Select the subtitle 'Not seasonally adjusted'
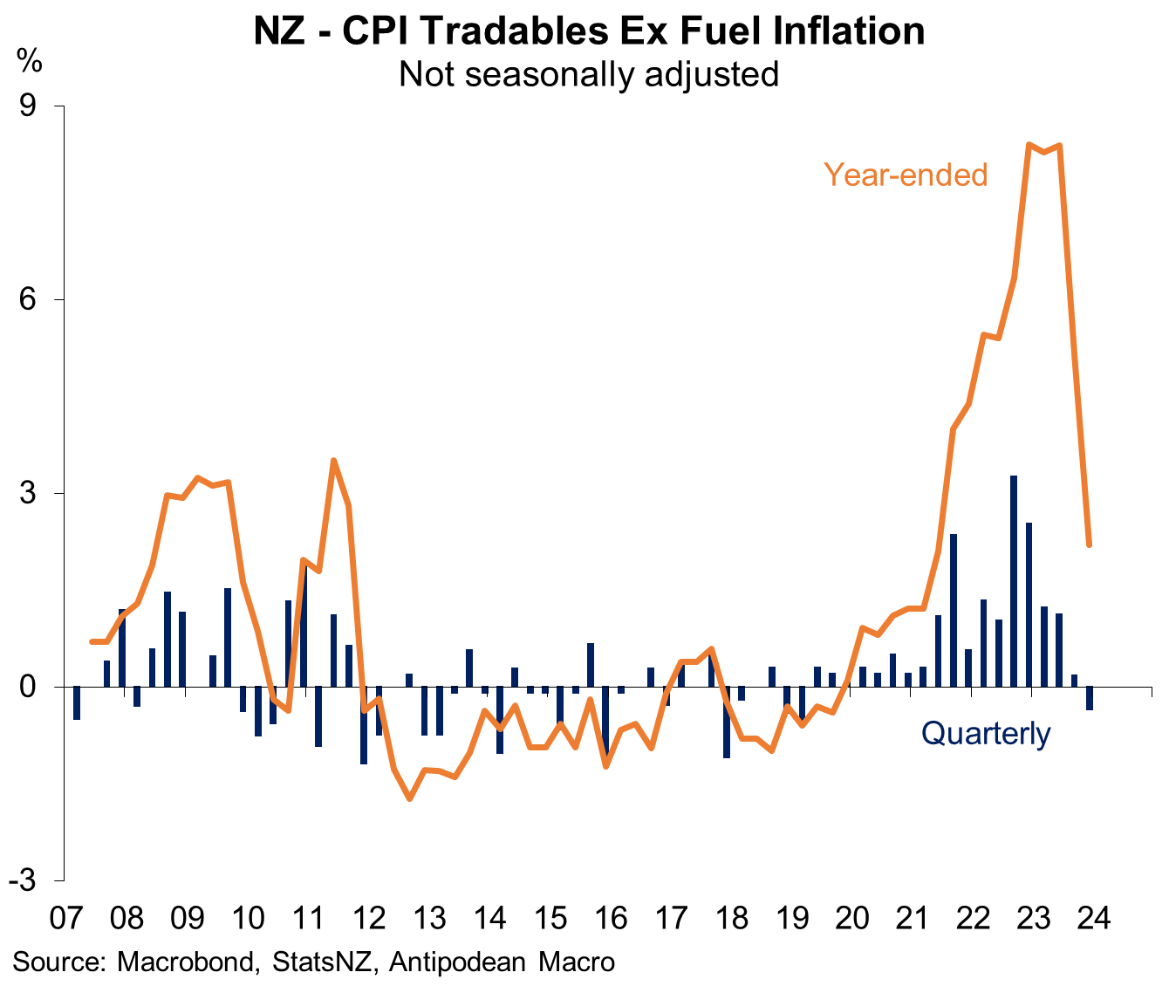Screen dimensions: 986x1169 click(589, 74)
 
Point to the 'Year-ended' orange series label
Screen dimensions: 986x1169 click(906, 175)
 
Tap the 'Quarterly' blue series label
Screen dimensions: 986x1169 click(986, 734)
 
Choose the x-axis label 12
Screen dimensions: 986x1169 click(369, 919)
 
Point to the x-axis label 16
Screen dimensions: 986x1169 click(611, 919)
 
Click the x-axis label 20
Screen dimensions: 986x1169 click(852, 919)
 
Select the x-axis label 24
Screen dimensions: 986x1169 click(1094, 919)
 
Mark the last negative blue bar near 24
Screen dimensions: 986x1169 click(1090, 698)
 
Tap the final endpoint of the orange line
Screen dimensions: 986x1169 click(1090, 545)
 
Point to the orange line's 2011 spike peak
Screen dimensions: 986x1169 click(333, 461)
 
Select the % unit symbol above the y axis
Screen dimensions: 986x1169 click(29, 63)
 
